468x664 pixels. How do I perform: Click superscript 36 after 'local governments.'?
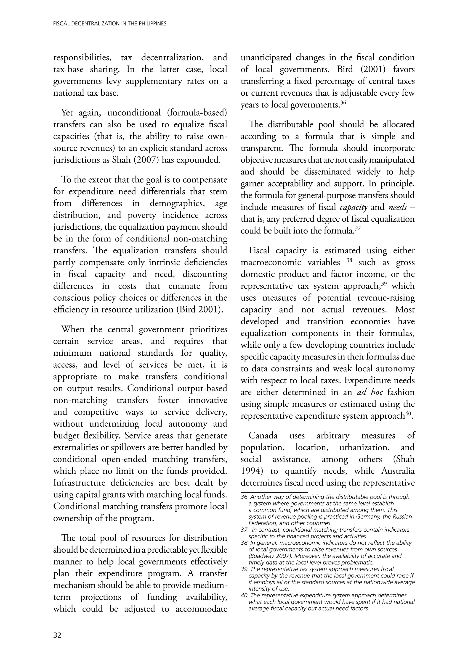tap(343, 102)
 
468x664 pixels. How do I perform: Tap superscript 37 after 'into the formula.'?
tap(358, 228)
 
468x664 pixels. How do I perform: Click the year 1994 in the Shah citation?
tap(249, 471)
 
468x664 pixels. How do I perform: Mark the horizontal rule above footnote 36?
tap(274, 492)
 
